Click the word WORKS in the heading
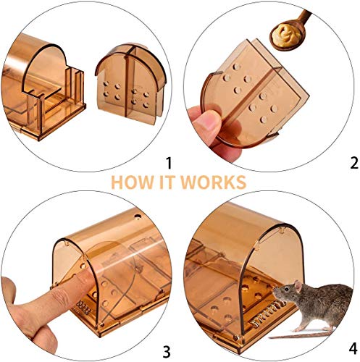coord(215,181)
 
